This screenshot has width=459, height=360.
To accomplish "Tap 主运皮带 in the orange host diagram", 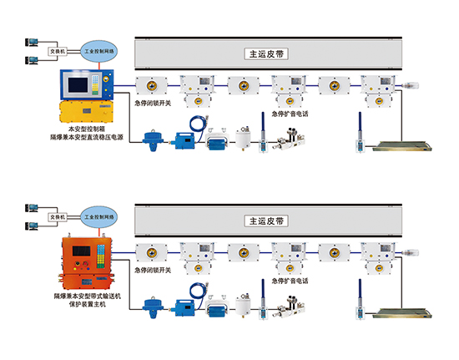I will pos(267,222).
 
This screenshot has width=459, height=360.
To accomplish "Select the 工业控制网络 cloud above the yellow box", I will pos(101,51).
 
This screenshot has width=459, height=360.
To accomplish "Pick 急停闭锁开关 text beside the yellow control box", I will pos(153,105).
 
